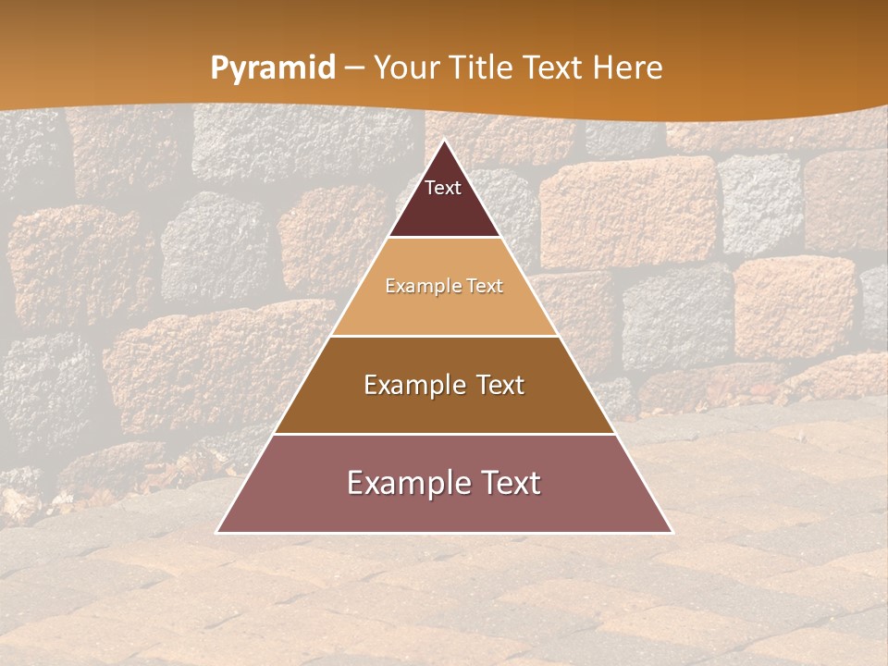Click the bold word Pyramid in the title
point(273,68)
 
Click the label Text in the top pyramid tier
point(443,188)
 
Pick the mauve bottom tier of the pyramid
point(444,509)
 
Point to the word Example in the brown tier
point(412,385)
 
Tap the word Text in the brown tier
point(498,385)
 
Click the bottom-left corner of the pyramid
point(217,533)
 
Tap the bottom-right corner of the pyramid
point(672,533)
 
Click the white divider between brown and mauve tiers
point(444,434)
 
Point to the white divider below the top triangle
point(444,238)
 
